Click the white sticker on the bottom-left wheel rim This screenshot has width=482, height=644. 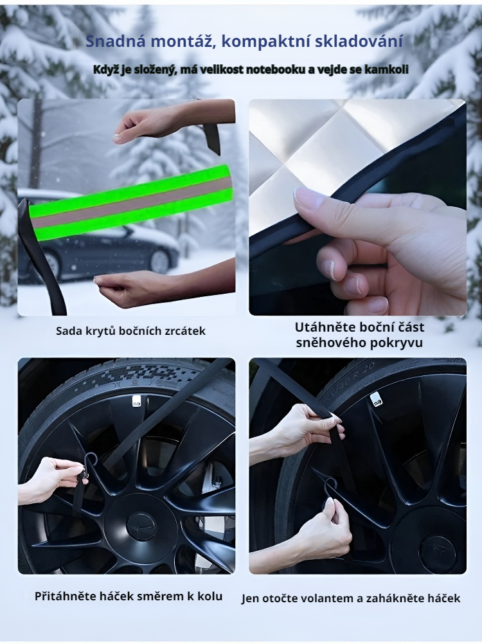[137, 401]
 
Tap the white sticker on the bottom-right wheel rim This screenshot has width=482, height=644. [377, 399]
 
